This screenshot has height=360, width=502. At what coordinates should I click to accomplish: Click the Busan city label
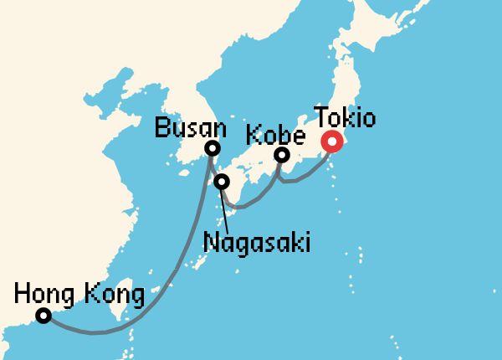pyautogui.click(x=191, y=129)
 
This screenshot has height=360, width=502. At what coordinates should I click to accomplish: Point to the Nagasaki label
pyautogui.click(x=256, y=243)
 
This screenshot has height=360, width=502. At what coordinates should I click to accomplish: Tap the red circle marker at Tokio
pyautogui.click(x=333, y=142)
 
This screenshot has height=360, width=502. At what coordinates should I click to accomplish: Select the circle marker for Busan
pyautogui.click(x=213, y=149)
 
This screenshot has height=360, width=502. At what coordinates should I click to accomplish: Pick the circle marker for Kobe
pyautogui.click(x=283, y=155)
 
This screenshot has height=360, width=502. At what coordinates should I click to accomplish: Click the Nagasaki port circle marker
pyautogui.click(x=222, y=182)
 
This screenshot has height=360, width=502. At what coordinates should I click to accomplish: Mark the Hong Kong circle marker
pyautogui.click(x=43, y=316)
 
